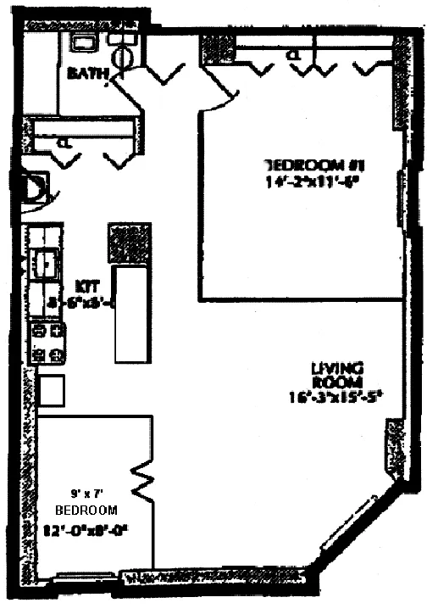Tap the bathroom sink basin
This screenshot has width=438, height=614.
(84, 43)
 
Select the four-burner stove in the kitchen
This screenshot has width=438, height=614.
(47, 343)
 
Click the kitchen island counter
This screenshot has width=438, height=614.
(132, 314)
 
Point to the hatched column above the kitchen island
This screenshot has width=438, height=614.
(130, 244)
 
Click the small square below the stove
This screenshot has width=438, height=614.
(51, 391)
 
